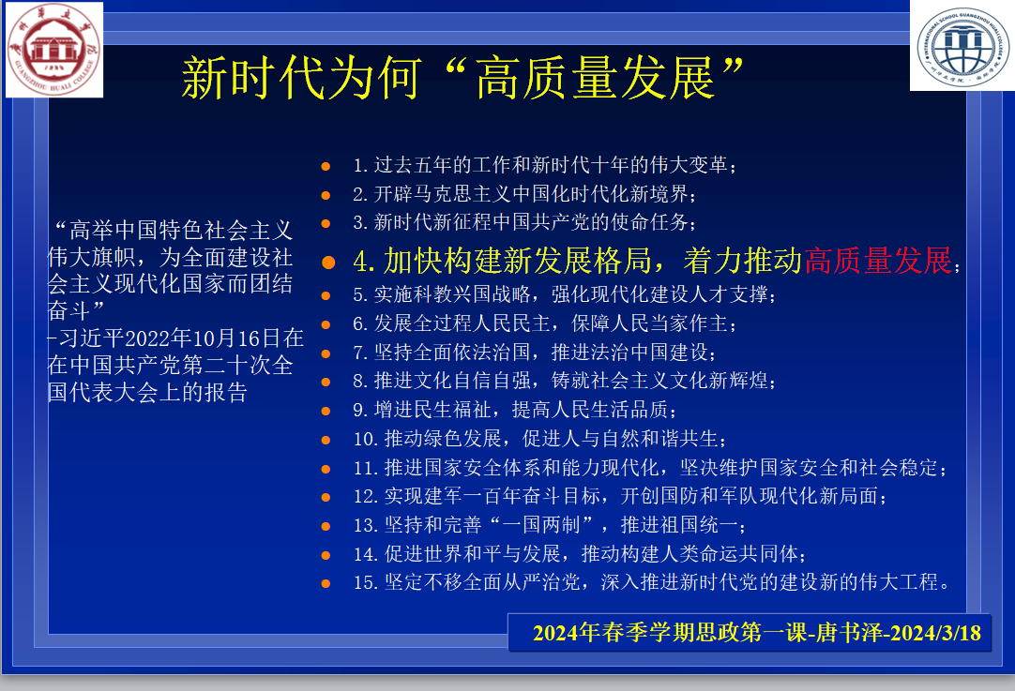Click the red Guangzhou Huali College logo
point(54,49)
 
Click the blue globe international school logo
point(962,46)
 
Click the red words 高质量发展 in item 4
point(878,261)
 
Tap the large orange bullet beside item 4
point(328,262)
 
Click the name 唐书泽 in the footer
point(849,632)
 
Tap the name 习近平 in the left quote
point(91,338)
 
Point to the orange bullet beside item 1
point(326,166)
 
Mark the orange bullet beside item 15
point(326,583)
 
